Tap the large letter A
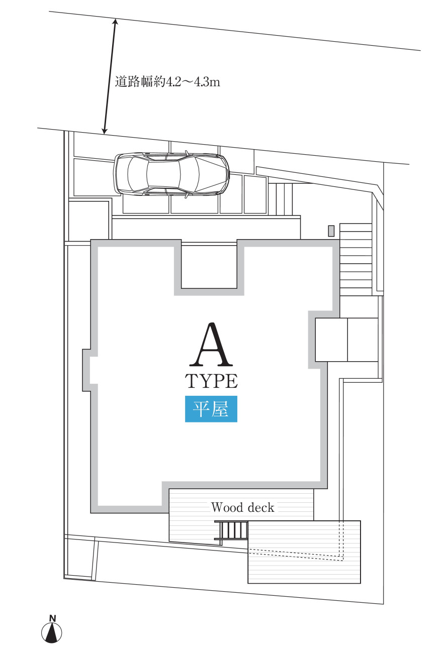[211, 344]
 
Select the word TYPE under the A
[211, 381]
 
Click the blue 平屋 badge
[211, 409]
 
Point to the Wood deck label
[242, 507]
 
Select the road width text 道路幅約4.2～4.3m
[167, 82]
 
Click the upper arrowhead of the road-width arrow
[115, 22]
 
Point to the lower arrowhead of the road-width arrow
[105, 131]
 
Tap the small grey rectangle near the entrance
[331, 231]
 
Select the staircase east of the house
[356, 259]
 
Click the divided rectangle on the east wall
[347, 340]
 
